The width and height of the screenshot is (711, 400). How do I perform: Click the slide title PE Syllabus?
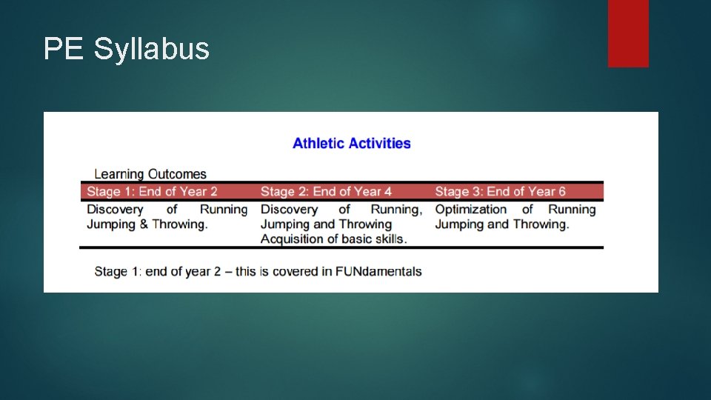click(x=127, y=50)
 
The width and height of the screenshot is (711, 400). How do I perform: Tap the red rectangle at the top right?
click(x=628, y=33)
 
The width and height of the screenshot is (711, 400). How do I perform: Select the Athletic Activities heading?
click(x=352, y=143)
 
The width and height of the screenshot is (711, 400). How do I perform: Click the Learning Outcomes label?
click(x=150, y=174)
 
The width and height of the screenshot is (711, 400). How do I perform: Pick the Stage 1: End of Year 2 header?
click(x=152, y=192)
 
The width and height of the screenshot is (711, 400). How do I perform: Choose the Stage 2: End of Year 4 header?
click(x=326, y=192)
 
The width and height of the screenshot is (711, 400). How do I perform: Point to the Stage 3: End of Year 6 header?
click(x=500, y=192)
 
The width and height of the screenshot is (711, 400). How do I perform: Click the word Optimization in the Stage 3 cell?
click(x=471, y=210)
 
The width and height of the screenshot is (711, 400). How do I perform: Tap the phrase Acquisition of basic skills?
click(x=334, y=239)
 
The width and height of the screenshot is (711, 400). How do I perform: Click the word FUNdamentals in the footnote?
click(x=378, y=271)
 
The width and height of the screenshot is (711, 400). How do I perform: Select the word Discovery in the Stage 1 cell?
click(x=115, y=210)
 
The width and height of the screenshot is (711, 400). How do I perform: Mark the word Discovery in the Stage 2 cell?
click(x=289, y=210)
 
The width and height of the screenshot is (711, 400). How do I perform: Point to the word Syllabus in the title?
click(x=152, y=50)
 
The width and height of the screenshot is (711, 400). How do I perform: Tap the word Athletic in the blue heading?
click(x=318, y=143)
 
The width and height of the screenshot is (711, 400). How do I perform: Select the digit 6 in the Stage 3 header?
click(x=561, y=192)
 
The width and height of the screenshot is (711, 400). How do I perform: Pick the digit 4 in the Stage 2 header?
click(x=387, y=192)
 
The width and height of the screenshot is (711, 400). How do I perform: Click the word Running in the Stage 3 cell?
click(x=572, y=210)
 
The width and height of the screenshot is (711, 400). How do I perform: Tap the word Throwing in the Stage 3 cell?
click(x=541, y=224)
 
